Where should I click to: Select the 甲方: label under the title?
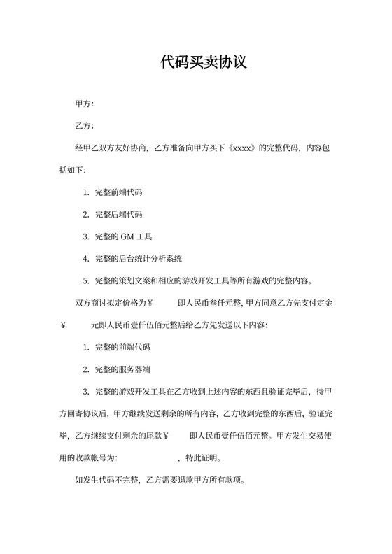(x=84, y=104)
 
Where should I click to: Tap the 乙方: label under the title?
(x=84, y=126)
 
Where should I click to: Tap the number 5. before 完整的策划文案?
(x=85, y=281)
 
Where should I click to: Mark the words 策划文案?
(x=141, y=281)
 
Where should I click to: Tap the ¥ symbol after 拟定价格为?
(x=150, y=304)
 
